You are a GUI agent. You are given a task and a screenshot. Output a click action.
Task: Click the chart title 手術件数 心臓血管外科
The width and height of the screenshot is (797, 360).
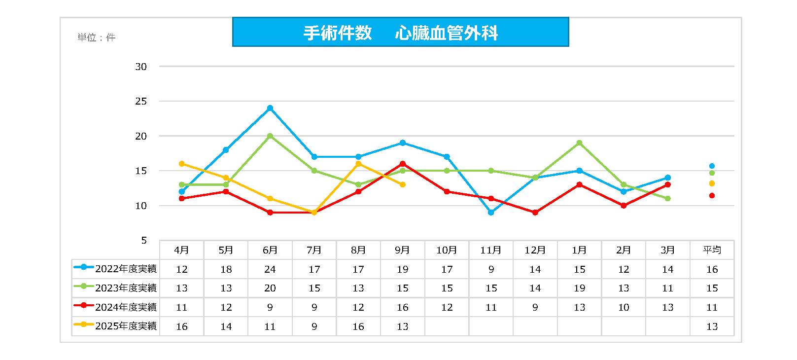point(400,33)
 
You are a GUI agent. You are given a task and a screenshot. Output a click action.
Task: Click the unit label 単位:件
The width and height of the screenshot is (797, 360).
point(96,37)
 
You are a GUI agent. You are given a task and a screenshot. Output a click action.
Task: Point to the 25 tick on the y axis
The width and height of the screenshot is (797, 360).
point(141,101)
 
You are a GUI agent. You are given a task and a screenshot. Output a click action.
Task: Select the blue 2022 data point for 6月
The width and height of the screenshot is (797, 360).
point(270,108)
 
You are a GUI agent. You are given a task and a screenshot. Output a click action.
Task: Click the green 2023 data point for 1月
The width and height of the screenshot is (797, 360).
point(579,143)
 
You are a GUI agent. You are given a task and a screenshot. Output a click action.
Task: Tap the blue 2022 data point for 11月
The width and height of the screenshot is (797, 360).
point(491,213)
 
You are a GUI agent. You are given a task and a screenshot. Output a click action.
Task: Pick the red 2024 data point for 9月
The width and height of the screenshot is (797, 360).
point(403,164)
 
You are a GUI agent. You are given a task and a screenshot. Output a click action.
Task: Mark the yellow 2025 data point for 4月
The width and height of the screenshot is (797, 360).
point(182,164)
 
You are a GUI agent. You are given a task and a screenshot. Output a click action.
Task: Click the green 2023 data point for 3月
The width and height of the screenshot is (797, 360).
point(667,199)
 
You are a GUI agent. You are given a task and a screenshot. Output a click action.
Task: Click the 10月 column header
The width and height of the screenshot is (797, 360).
point(447,250)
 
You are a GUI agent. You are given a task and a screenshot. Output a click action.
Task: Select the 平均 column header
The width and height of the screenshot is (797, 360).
point(712,250)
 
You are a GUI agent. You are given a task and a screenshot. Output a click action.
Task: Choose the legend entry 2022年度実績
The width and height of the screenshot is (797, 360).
point(115,269)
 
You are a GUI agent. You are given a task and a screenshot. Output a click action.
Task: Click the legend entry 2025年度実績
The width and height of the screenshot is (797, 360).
point(115,326)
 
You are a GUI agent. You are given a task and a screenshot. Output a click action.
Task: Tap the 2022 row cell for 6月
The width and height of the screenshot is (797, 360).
point(270,269)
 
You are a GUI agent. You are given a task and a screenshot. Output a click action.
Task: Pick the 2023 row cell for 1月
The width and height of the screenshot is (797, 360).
point(579,288)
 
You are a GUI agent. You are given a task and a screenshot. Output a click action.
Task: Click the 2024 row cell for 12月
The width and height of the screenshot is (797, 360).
point(535,307)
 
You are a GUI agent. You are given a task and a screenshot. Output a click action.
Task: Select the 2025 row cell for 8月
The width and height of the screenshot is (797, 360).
point(358,326)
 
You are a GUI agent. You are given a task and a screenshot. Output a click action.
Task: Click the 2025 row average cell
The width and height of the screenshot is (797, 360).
point(712,326)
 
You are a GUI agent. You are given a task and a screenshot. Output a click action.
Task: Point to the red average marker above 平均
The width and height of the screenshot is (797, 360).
point(712,196)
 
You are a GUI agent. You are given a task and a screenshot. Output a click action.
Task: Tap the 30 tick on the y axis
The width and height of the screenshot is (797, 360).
point(141,67)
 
